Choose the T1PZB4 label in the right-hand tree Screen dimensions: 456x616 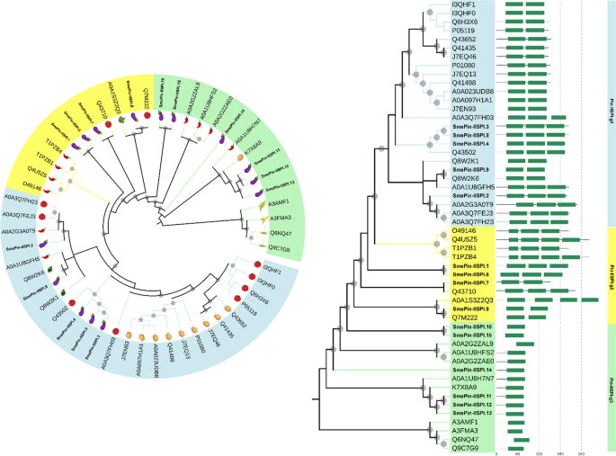pos(464,256)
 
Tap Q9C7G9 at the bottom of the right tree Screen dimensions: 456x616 pos(465,447)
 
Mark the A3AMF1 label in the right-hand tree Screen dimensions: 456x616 pos(464,421)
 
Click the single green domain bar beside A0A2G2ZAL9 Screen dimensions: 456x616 pos(525,344)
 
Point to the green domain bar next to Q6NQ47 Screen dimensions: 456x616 pos(521,439)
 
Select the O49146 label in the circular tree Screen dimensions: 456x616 pos(31,186)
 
